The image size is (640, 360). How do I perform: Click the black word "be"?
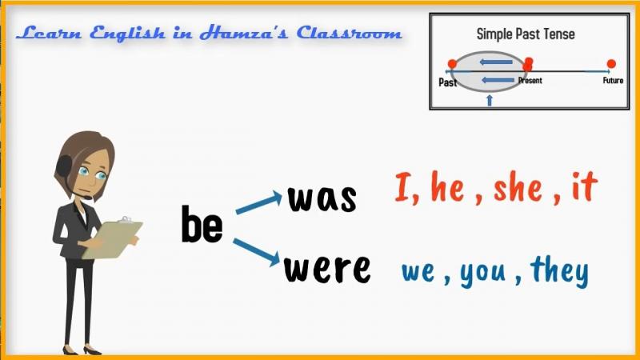pyautogui.click(x=202, y=224)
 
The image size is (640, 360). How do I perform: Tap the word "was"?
pyautogui.click(x=322, y=198)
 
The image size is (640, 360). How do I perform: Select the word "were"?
pyautogui.click(x=327, y=269)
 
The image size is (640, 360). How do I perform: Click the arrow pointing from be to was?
pyautogui.click(x=258, y=202)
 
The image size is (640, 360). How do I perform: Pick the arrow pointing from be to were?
pyautogui.click(x=257, y=252)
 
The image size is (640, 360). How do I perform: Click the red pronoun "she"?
pyautogui.click(x=518, y=186)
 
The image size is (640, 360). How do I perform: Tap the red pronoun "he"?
pyautogui.click(x=447, y=186)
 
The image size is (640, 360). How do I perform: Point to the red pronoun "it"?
pyautogui.click(x=585, y=186)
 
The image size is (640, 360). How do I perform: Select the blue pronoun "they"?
pyautogui.click(x=559, y=271)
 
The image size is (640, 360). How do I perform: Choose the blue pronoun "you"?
pyautogui.click(x=483, y=273)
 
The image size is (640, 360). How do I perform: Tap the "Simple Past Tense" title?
pyautogui.click(x=526, y=34)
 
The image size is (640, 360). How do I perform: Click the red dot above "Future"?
pyautogui.click(x=611, y=64)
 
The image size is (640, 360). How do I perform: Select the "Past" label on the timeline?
pyautogui.click(x=447, y=82)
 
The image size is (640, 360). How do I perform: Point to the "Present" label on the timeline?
pyautogui.click(x=530, y=81)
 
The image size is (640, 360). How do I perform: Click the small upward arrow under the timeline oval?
pyautogui.click(x=490, y=100)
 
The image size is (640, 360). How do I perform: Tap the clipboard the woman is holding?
pyautogui.click(x=113, y=239)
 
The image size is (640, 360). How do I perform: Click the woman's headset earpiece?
pyautogui.click(x=64, y=166)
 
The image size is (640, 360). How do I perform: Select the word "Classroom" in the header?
pyautogui.click(x=349, y=33)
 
